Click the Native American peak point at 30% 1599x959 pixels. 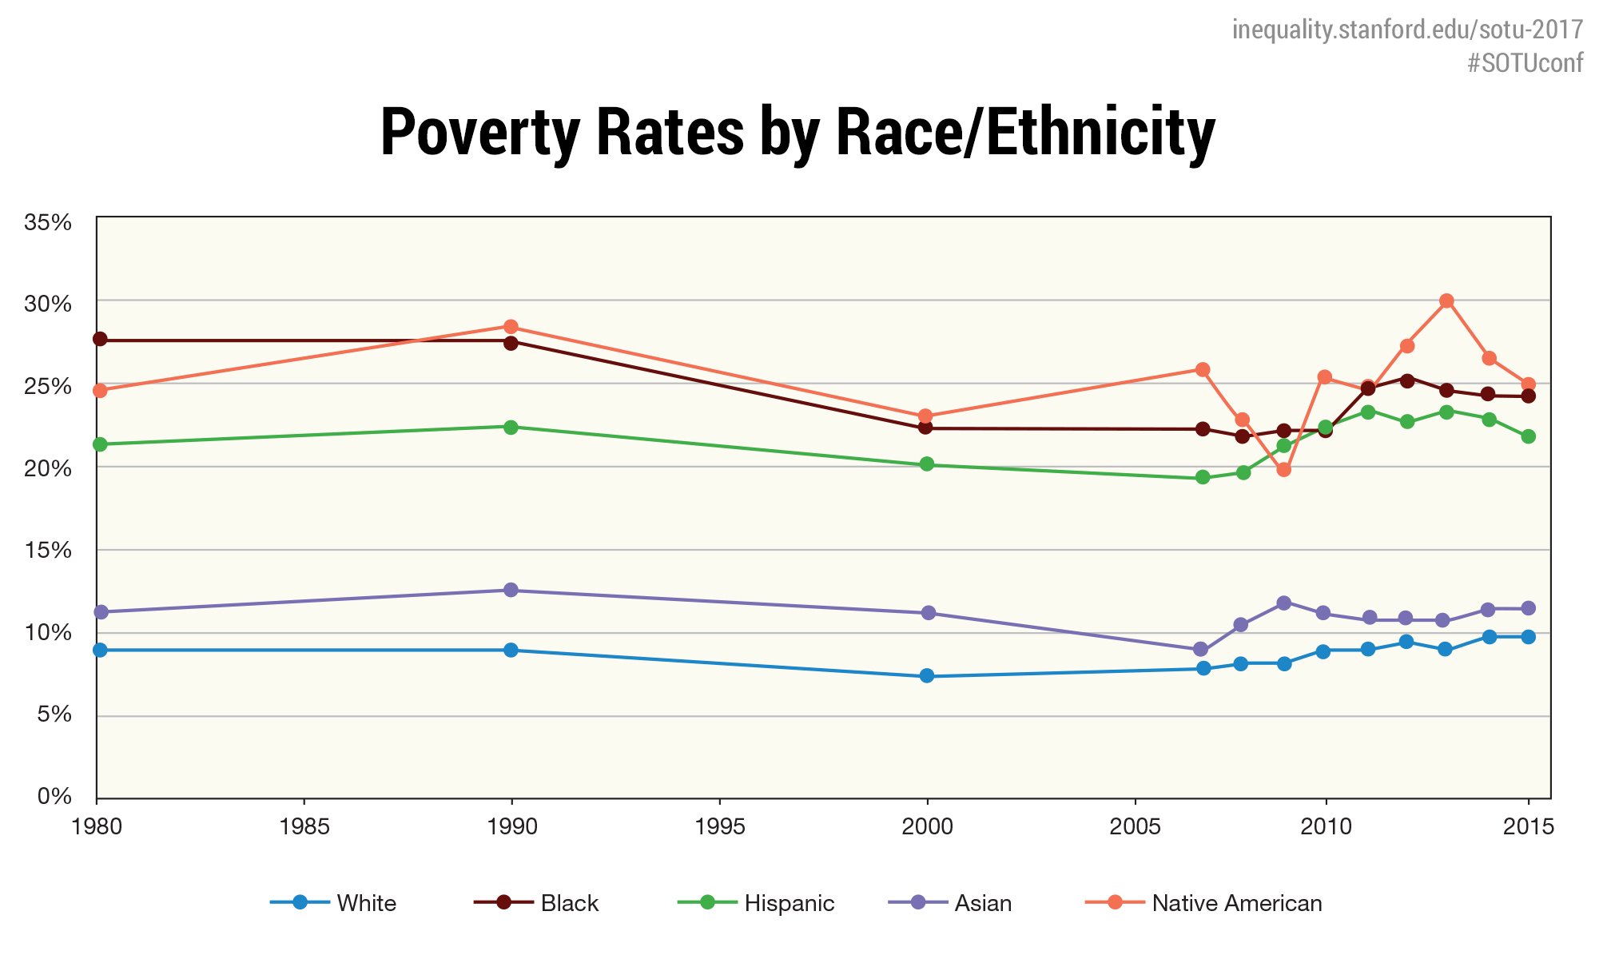tap(1446, 301)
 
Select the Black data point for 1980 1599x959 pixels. tap(100, 339)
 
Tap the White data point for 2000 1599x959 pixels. tap(927, 676)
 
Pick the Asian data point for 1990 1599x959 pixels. tap(511, 590)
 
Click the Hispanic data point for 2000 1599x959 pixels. tap(927, 464)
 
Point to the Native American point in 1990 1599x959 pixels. tap(511, 327)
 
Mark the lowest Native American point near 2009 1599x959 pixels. tap(1284, 470)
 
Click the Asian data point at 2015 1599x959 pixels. tap(1528, 608)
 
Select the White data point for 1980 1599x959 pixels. tap(100, 650)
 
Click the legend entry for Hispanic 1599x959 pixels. tap(789, 903)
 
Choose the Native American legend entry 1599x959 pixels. tap(1236, 903)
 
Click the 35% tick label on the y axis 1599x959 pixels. tap(49, 222)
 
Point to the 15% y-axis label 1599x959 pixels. tap(49, 550)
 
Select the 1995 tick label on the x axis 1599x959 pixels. tap(720, 826)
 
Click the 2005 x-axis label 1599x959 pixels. tap(1135, 826)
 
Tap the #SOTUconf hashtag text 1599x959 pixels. tap(1524, 63)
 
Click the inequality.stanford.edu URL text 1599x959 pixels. tap(1407, 30)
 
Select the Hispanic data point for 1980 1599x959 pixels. tap(100, 444)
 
